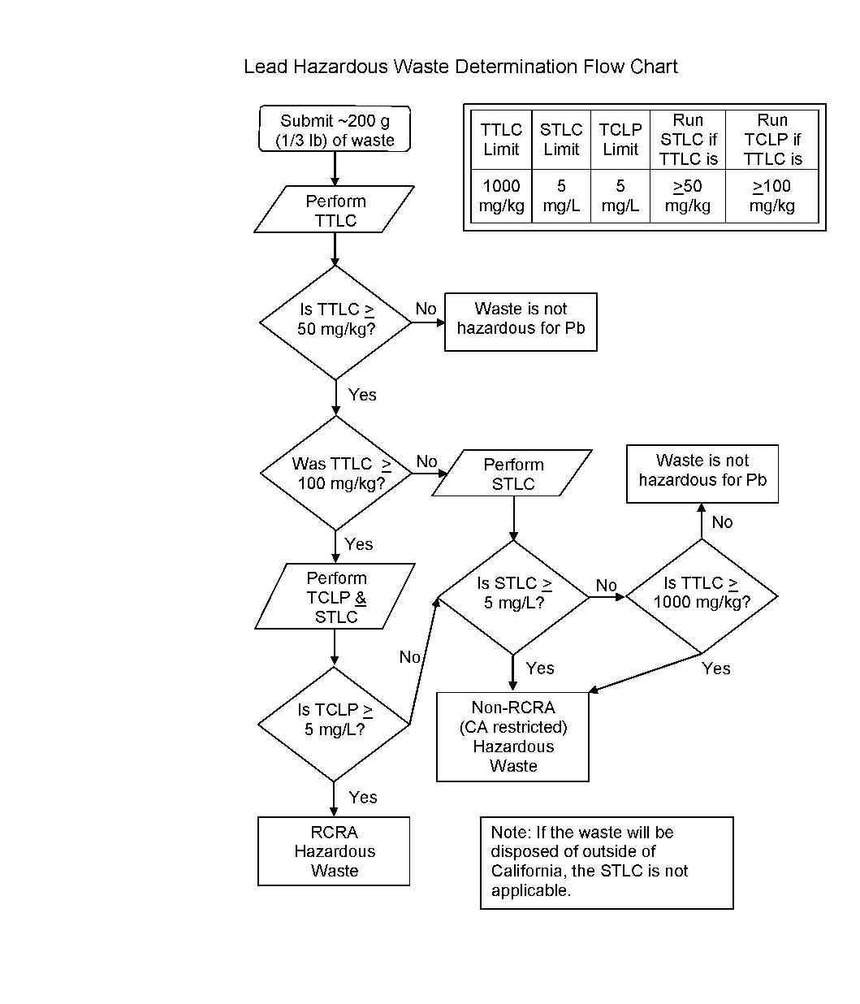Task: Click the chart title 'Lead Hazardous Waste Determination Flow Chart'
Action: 460,67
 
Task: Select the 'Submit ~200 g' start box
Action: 335,130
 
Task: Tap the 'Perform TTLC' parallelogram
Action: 335,210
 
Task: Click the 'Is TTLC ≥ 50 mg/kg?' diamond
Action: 335,322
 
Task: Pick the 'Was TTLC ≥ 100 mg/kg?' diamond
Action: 336,474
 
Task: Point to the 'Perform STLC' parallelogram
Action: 512,474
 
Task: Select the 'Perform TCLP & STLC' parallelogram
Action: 335,597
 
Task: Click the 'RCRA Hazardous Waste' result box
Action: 334,851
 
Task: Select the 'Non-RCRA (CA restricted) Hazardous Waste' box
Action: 512,737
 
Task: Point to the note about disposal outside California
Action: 607,862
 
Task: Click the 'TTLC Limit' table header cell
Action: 501,140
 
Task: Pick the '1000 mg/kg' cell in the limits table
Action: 501,196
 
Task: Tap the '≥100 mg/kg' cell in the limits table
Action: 771,196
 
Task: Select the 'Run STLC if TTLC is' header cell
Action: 688,140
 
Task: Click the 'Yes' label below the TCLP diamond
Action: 363,798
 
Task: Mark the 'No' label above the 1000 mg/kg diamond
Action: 722,522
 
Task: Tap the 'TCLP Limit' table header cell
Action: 620,140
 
